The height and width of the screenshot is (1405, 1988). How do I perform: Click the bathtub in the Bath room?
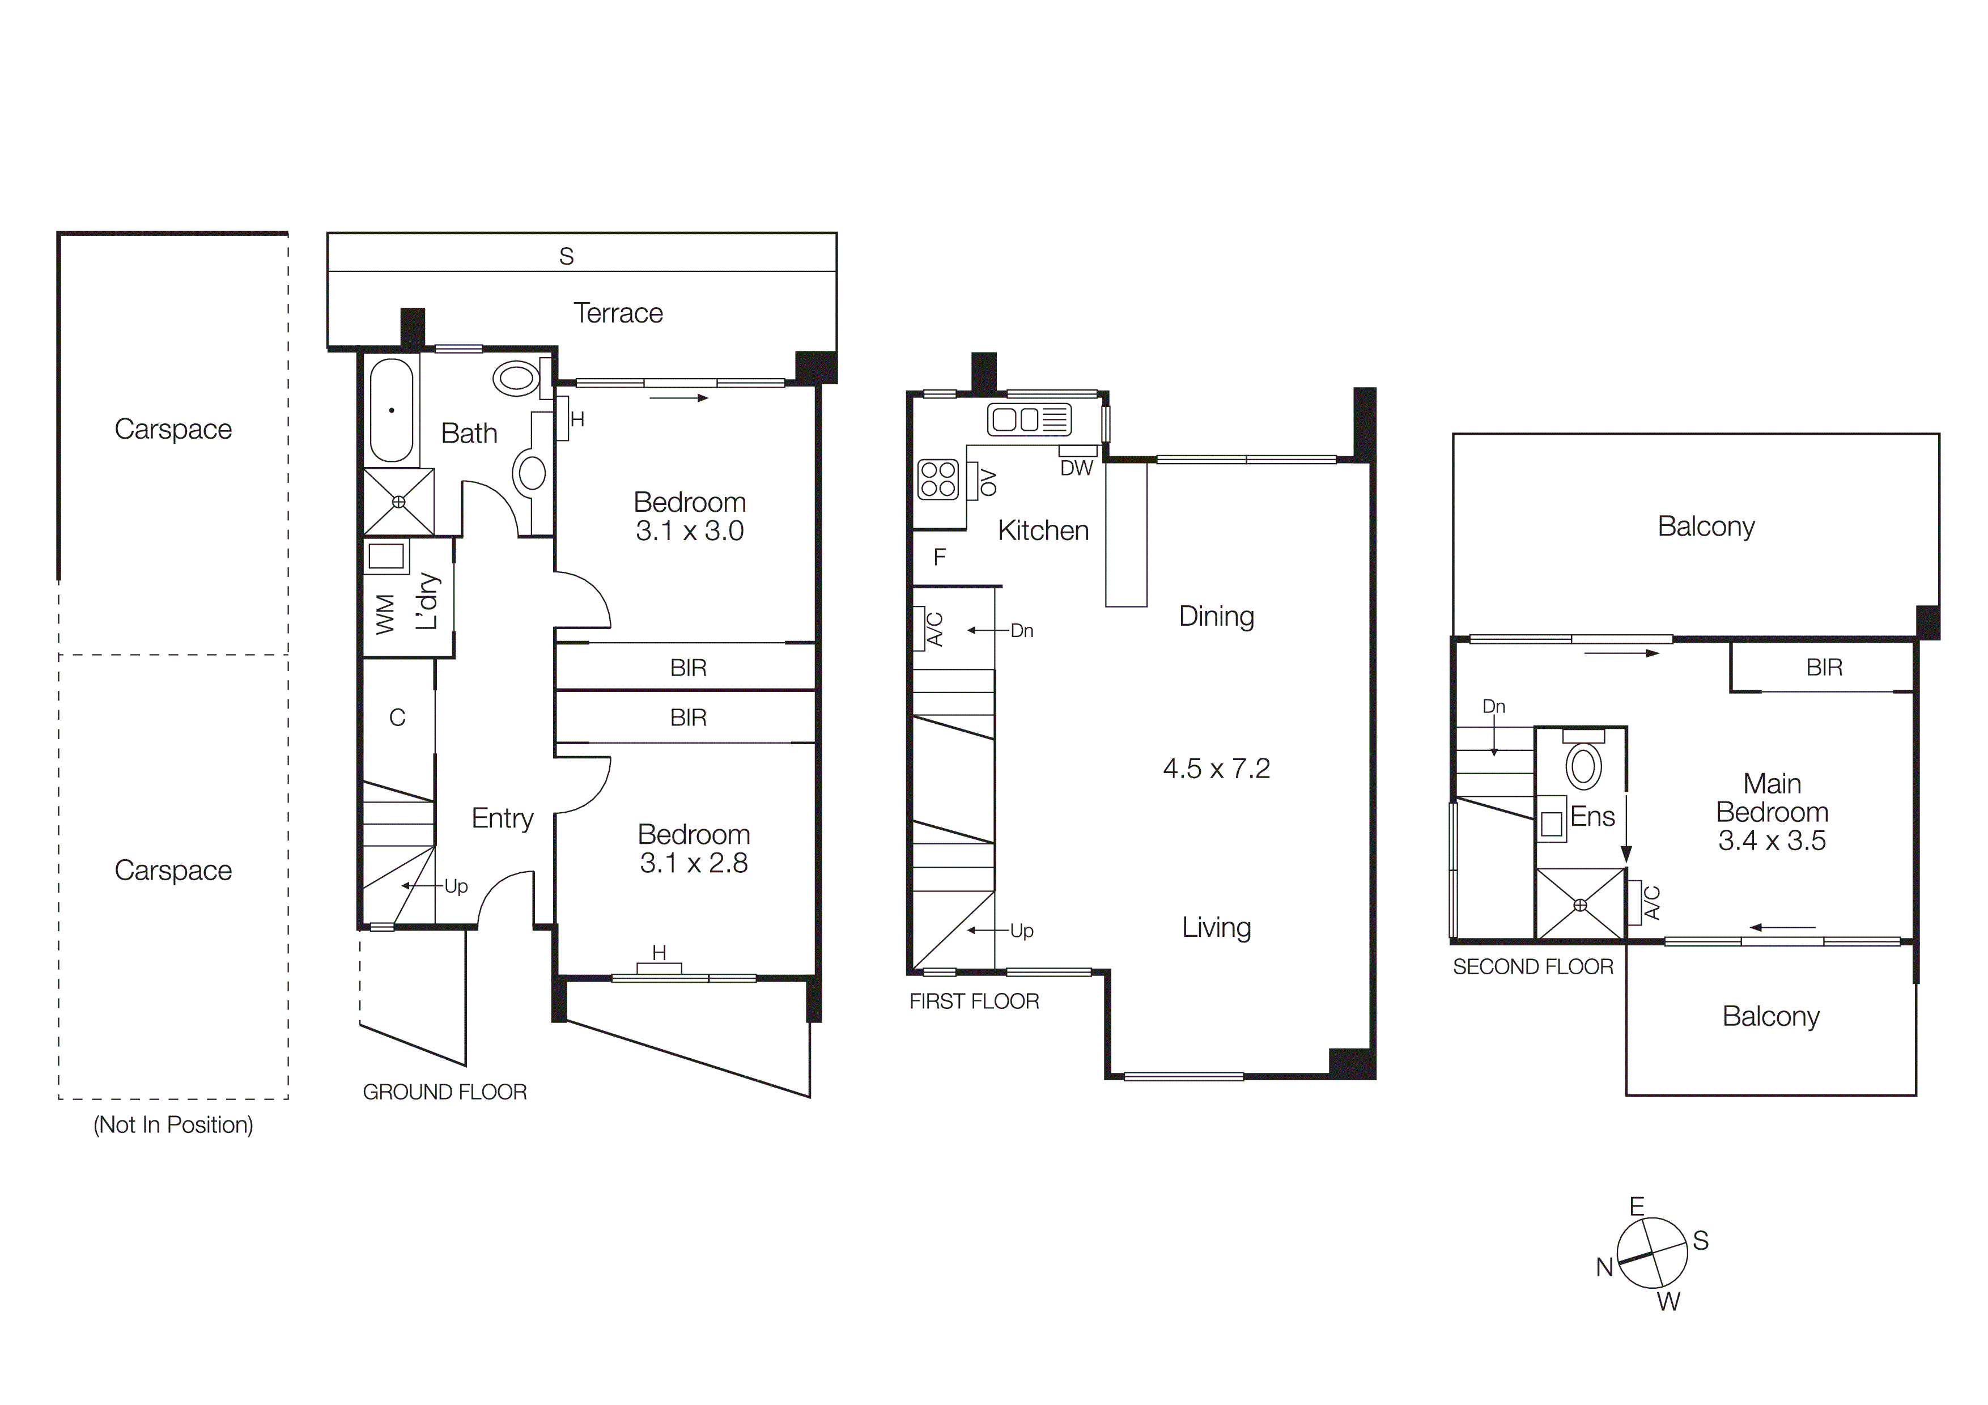392,410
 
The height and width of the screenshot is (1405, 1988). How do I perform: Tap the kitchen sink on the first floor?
1029,420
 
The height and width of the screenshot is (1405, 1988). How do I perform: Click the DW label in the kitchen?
1076,468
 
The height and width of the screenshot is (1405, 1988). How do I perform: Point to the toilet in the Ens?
1583,765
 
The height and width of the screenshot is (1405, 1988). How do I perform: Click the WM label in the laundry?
385,614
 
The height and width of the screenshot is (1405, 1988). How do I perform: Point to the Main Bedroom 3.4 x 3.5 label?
1772,812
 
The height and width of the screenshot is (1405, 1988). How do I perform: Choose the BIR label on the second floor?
1824,668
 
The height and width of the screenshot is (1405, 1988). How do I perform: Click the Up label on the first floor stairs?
1022,931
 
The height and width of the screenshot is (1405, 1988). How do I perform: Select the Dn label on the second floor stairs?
1494,706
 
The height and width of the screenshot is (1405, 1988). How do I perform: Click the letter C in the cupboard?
397,718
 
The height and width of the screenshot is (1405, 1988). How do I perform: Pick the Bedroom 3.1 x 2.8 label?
694,848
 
